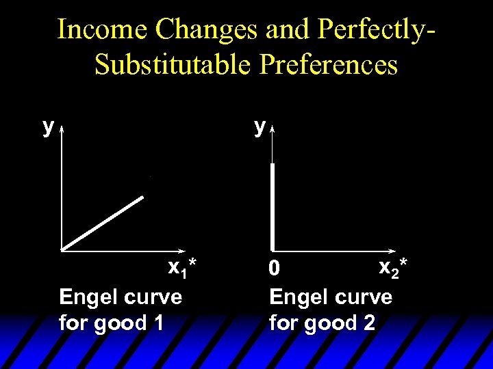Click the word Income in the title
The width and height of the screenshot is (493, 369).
103,29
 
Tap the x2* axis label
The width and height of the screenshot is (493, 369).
393,266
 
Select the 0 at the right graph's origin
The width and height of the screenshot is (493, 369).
275,271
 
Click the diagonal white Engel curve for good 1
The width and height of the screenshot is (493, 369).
103,223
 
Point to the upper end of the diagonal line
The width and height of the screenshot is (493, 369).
143,198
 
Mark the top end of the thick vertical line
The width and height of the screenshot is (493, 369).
273,165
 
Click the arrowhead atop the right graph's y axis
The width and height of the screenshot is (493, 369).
273,128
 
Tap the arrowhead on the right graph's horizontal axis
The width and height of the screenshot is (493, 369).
394,250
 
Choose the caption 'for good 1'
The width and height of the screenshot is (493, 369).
111,322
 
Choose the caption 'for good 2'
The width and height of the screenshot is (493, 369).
322,322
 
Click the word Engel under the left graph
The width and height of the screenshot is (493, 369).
86,297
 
